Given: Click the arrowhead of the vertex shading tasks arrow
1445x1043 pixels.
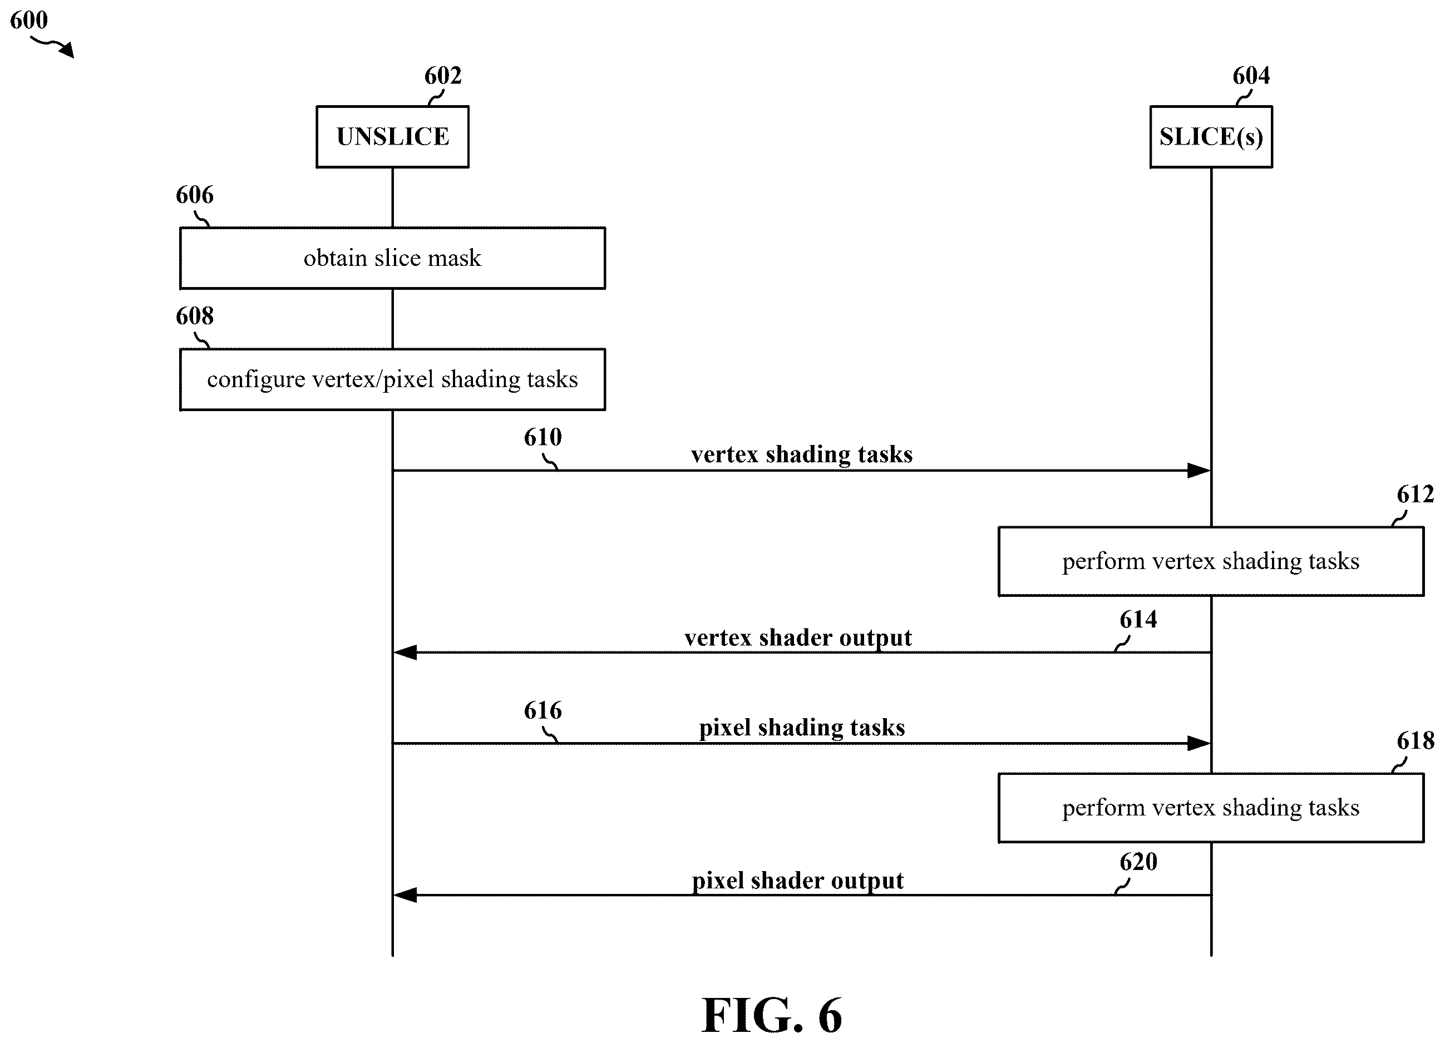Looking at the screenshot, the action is coord(1209,471).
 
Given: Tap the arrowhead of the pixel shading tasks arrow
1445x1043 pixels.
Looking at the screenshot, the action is coord(1209,743).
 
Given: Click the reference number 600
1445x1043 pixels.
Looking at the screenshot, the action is coord(29,20).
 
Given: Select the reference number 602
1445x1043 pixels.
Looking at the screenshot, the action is coord(443,76).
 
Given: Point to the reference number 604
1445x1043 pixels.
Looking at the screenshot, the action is coord(1251,76).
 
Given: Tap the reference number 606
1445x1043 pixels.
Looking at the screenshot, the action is coord(195,195).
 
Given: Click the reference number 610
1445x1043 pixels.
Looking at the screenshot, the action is coord(543,437).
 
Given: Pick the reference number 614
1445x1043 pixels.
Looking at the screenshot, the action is coord(1138,619).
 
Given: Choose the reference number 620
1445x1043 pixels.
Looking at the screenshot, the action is coord(1138,862).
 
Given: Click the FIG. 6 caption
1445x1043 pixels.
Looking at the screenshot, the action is coord(772,1015).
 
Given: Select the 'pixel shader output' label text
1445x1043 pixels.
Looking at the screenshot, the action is coord(798,881).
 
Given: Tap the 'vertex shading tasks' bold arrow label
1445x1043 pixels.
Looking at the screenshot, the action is coord(801,454).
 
